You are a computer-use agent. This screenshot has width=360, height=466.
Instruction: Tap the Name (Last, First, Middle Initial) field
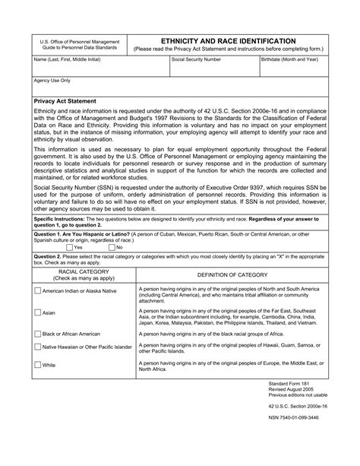click(x=99, y=65)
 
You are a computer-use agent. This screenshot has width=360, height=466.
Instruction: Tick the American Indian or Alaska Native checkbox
click(x=38, y=290)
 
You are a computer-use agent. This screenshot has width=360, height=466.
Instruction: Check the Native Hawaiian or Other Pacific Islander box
click(x=38, y=347)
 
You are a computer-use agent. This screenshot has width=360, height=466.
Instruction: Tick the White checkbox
click(x=38, y=365)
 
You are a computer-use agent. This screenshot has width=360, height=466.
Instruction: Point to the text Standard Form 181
click(x=290, y=383)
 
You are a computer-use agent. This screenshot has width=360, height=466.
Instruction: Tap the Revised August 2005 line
click(x=292, y=389)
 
